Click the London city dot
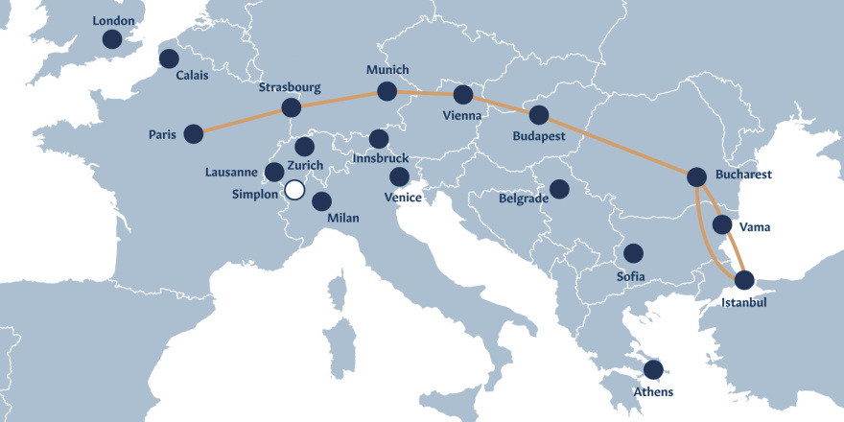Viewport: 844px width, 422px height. (x=112, y=39)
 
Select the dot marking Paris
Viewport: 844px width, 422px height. (x=194, y=133)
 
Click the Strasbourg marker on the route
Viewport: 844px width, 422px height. (x=291, y=107)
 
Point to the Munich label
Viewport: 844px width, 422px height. (x=387, y=70)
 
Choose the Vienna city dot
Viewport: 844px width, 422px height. (x=463, y=95)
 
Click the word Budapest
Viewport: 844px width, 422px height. (x=540, y=136)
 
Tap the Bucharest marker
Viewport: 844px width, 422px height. (x=697, y=176)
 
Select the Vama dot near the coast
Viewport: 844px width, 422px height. (x=723, y=226)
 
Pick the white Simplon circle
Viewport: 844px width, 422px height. (x=294, y=190)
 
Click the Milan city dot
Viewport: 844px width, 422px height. (x=322, y=201)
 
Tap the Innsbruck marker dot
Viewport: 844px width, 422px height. (x=379, y=138)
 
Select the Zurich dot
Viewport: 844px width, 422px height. (x=305, y=147)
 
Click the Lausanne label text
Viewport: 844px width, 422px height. (x=232, y=173)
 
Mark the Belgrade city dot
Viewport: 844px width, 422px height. (x=559, y=189)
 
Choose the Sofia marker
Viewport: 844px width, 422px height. (x=633, y=253)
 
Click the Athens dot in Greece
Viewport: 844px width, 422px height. (x=653, y=369)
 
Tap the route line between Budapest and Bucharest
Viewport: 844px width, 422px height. (x=619, y=146)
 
